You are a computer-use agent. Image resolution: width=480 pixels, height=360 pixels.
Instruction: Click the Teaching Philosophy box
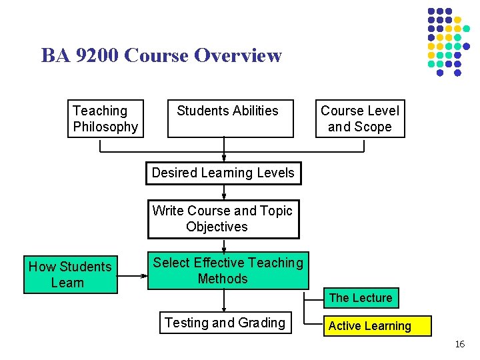pyautogui.click(x=105, y=119)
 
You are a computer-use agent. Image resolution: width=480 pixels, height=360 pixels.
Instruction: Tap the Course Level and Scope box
pyautogui.click(x=360, y=119)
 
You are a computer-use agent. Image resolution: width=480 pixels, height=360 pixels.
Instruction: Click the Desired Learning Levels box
pyautogui.click(x=223, y=173)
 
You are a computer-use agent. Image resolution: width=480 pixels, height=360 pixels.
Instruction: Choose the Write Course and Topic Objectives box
pyautogui.click(x=223, y=219)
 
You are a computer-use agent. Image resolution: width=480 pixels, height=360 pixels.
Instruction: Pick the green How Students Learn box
pyautogui.click(x=71, y=275)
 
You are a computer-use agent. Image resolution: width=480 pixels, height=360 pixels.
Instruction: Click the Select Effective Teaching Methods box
pyautogui.click(x=228, y=271)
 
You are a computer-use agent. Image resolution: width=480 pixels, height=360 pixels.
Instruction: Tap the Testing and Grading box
pyautogui.click(x=225, y=323)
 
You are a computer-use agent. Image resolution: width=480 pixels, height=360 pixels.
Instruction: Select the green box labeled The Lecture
pyautogui.click(x=361, y=298)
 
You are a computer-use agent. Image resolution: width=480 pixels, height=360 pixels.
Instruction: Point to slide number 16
pyautogui.click(x=459, y=344)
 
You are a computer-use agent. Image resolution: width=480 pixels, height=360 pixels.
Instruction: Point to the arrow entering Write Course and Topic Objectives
pyautogui.click(x=224, y=193)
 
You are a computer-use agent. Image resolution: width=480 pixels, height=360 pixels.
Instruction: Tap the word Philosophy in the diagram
pyautogui.click(x=105, y=127)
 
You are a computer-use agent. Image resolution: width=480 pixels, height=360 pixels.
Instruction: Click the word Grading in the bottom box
pyautogui.click(x=261, y=323)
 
